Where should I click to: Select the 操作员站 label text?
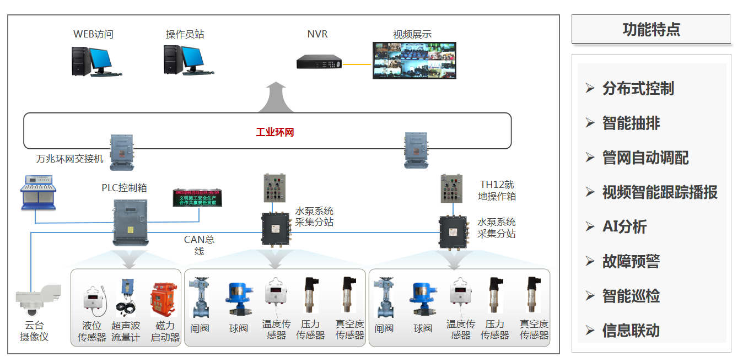click(x=185, y=34)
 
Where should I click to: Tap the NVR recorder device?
click(x=319, y=62)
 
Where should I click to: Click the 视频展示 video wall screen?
click(x=414, y=61)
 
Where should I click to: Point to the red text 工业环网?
click(x=275, y=132)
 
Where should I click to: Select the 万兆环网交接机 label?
click(x=70, y=159)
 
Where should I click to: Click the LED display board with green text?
click(x=197, y=198)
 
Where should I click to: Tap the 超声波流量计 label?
click(x=126, y=331)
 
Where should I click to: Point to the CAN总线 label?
click(x=199, y=245)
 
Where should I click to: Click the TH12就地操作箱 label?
click(x=497, y=190)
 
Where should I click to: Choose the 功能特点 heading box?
click(x=650, y=29)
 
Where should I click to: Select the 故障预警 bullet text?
click(x=631, y=261)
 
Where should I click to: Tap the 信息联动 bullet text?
click(x=631, y=331)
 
